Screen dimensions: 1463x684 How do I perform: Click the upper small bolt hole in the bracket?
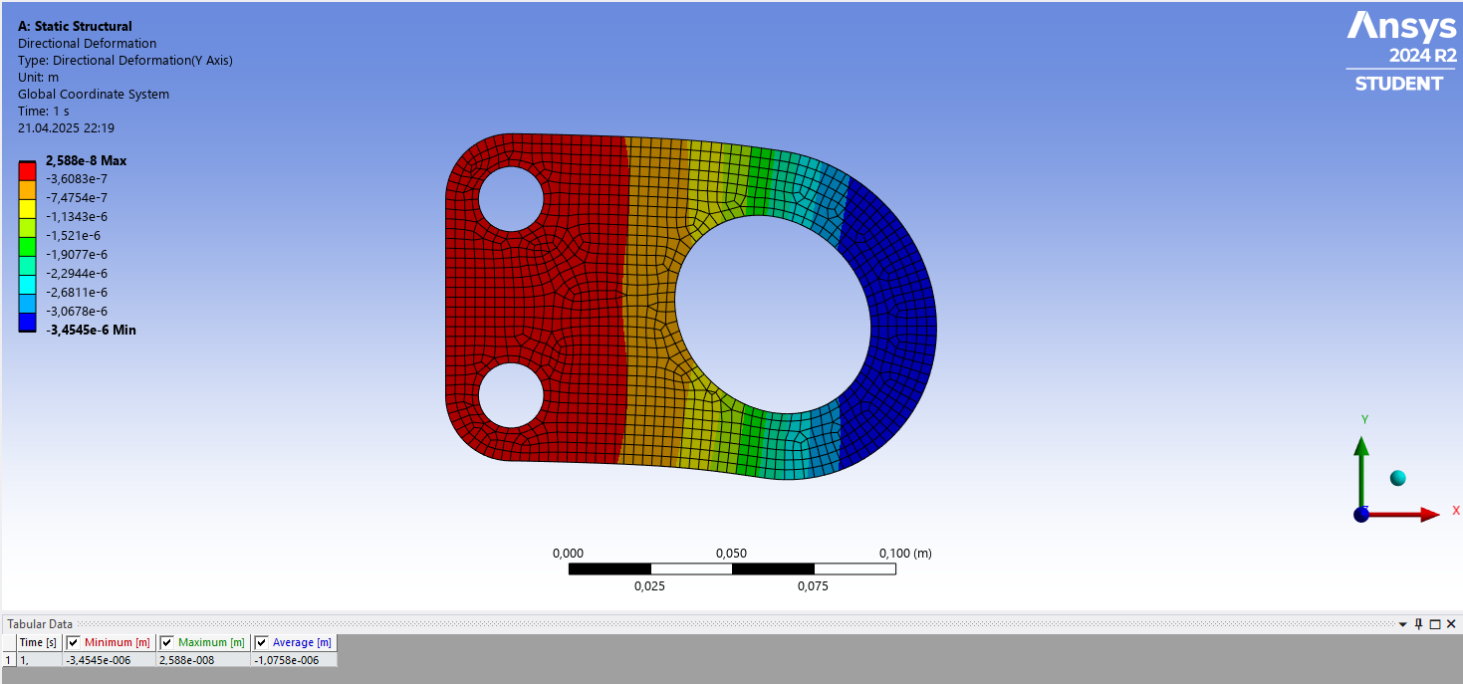(x=511, y=199)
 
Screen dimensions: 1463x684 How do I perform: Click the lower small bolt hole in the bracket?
(x=511, y=395)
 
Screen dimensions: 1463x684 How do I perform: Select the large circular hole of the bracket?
(x=773, y=315)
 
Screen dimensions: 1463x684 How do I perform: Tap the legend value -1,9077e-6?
(x=77, y=255)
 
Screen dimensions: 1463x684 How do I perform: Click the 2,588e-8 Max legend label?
(x=87, y=160)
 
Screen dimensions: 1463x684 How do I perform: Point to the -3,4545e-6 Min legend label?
(x=91, y=330)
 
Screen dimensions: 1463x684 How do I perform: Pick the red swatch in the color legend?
(x=28, y=171)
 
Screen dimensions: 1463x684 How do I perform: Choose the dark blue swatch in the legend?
(x=28, y=323)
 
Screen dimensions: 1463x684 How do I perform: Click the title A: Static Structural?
(x=75, y=26)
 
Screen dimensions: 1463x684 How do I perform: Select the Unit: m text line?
(x=38, y=77)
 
